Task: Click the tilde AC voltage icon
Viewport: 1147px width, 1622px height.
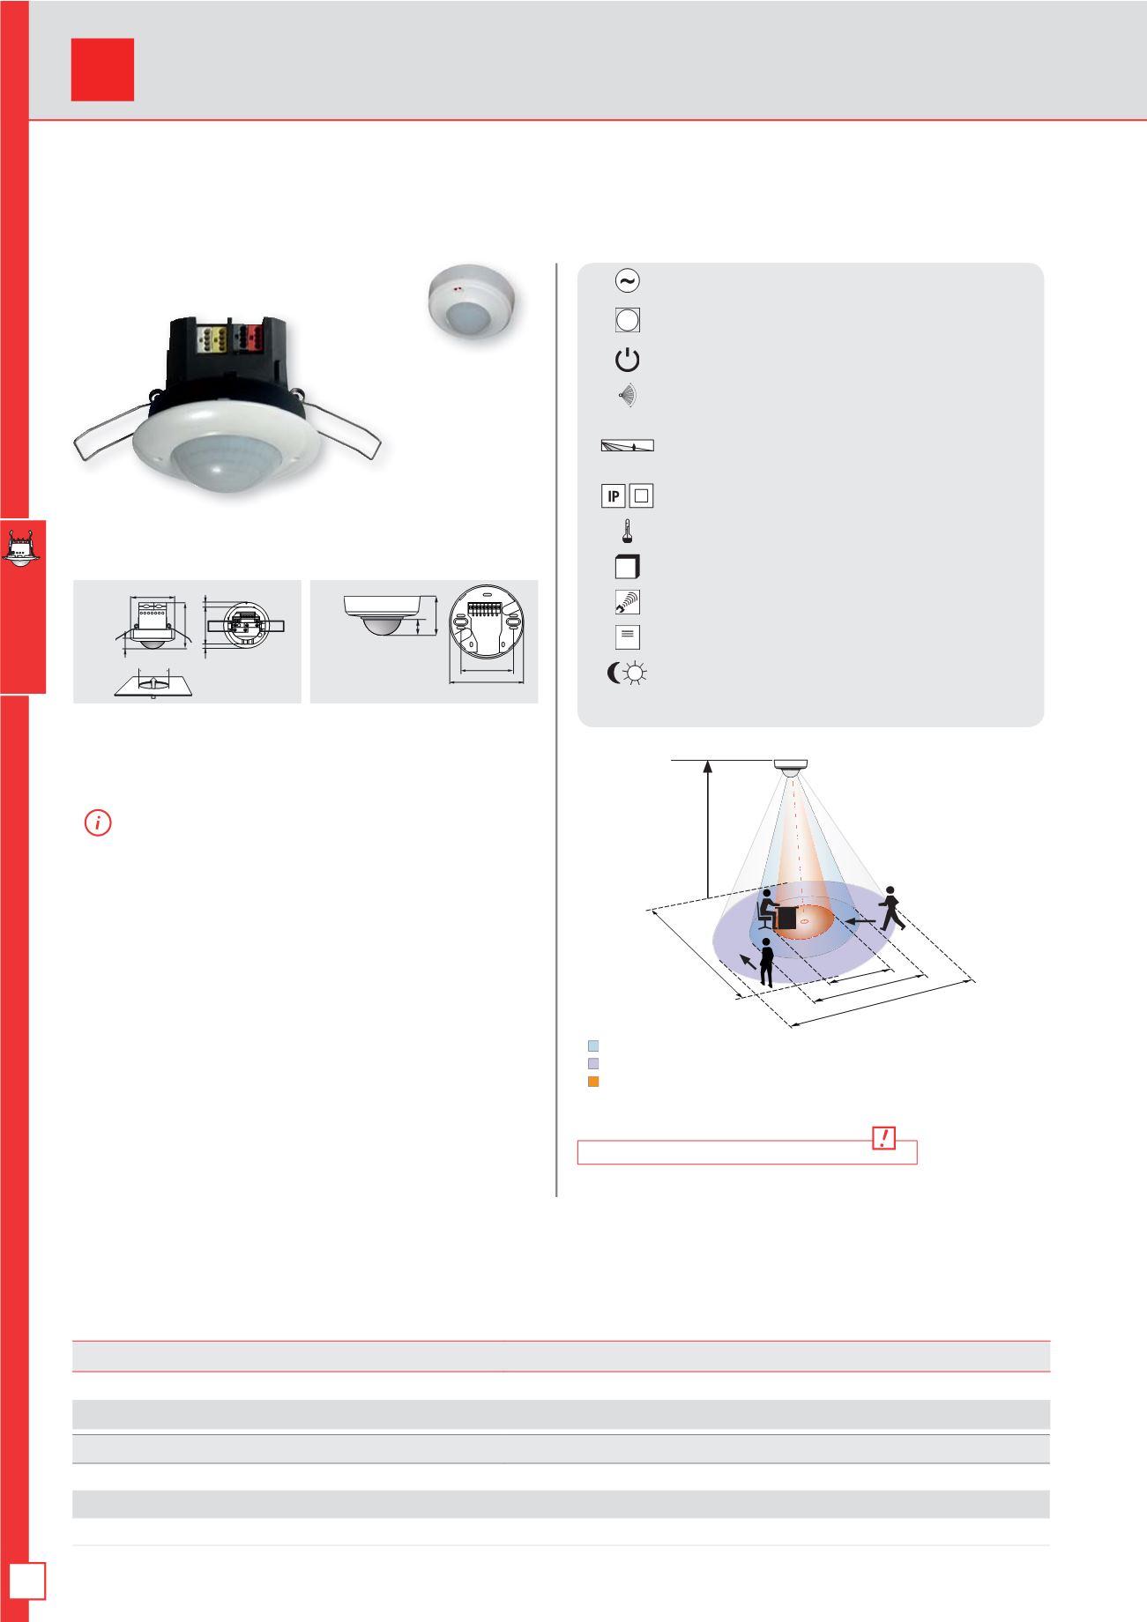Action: tap(627, 281)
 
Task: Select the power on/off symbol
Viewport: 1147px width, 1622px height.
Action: tap(627, 360)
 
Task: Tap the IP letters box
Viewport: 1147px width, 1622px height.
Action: tap(613, 496)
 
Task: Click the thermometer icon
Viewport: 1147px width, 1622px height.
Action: tap(628, 532)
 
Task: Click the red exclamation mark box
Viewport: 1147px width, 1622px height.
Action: tap(883, 1138)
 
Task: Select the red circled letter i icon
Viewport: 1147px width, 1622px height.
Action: tap(98, 824)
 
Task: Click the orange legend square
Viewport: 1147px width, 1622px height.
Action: tap(593, 1082)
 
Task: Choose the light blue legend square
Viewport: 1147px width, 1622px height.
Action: tap(593, 1045)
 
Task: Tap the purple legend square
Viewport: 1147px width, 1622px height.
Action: tap(593, 1063)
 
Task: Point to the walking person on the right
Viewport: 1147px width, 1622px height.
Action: tap(893, 908)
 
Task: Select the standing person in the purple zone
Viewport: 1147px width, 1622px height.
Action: tap(767, 962)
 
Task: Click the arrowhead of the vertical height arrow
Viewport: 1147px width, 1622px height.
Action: tap(707, 768)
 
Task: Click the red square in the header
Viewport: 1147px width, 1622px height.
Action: tap(102, 70)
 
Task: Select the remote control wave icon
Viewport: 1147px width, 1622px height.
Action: tap(628, 602)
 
